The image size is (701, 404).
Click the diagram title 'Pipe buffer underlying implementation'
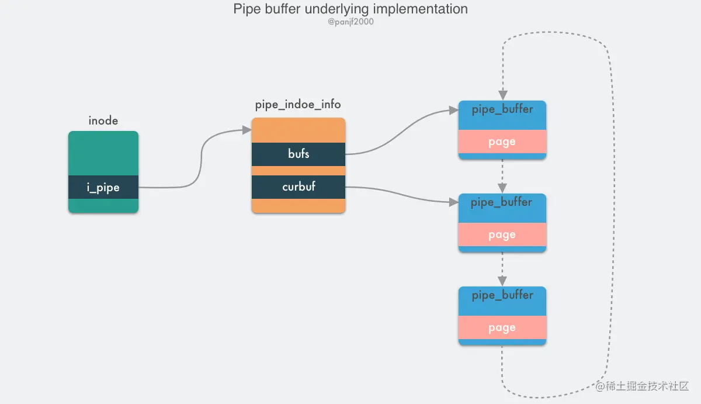[350, 9]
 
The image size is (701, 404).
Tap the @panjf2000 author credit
[350, 22]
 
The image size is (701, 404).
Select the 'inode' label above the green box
[103, 121]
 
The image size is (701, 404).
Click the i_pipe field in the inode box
[103, 187]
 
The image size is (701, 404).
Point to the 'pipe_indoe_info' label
[298, 105]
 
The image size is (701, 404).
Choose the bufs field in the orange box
[299, 154]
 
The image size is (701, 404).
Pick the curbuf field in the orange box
[299, 187]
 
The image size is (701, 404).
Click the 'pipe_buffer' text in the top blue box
[502, 109]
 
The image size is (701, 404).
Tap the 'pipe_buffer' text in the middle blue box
[502, 202]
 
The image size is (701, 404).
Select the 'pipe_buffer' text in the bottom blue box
[502, 295]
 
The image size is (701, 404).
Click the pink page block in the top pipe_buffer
[502, 141]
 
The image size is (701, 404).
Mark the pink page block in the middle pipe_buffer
[502, 234]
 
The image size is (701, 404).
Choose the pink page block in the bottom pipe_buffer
[502, 327]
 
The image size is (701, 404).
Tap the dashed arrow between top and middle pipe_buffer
[502, 175]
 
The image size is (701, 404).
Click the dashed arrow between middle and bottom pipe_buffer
[502, 269]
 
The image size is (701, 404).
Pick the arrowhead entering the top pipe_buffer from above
[502, 95]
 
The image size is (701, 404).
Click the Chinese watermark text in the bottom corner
[643, 386]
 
